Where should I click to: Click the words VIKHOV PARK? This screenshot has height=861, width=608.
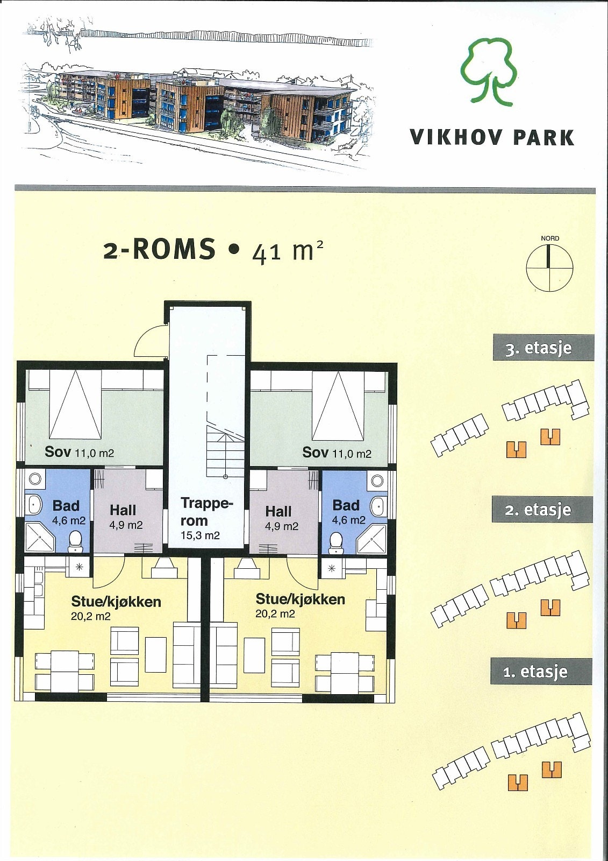coord(492,137)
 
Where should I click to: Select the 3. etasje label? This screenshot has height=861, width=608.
coord(543,348)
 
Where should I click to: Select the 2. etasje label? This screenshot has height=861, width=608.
coord(542,509)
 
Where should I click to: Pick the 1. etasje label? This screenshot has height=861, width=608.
coord(541,672)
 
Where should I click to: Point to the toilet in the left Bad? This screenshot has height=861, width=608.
coord(75,541)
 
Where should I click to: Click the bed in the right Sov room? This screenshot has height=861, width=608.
coord(338,406)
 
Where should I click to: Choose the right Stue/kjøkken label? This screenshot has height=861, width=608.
coord(300,605)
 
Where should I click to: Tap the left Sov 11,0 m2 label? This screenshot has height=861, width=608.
coord(79,451)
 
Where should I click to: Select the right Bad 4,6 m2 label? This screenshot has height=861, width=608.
coord(348,512)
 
